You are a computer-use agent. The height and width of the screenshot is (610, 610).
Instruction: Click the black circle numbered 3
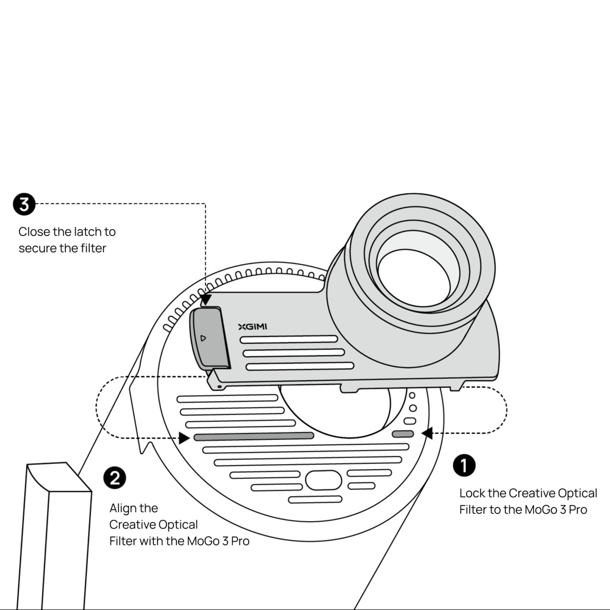[x=24, y=204]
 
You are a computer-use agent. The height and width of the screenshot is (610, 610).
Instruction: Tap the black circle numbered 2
[x=115, y=478]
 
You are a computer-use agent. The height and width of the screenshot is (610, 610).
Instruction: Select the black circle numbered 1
[x=464, y=465]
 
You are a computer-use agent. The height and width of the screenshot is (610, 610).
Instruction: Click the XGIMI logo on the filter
[x=253, y=327]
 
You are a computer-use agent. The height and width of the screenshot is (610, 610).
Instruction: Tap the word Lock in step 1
[x=472, y=493]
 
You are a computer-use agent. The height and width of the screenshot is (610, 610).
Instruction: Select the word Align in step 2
[x=122, y=508]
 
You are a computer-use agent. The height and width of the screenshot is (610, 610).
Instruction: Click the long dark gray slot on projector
[x=254, y=436]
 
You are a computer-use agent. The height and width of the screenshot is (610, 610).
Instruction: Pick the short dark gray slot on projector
[x=403, y=434]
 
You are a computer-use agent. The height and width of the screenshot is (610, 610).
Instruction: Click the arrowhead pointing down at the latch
[x=206, y=300]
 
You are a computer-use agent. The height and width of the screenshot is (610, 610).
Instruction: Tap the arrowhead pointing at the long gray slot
[x=184, y=438]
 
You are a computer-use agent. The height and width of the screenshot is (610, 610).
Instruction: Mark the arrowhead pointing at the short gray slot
[x=427, y=433]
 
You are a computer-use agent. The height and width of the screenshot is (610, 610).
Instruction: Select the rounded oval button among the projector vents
[x=323, y=480]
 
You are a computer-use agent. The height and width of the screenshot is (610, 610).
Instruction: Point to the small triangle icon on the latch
[x=203, y=338]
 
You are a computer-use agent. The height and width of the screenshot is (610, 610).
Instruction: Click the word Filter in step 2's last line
[x=123, y=541]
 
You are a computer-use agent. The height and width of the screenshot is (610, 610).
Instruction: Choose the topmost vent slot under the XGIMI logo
[x=289, y=339]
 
